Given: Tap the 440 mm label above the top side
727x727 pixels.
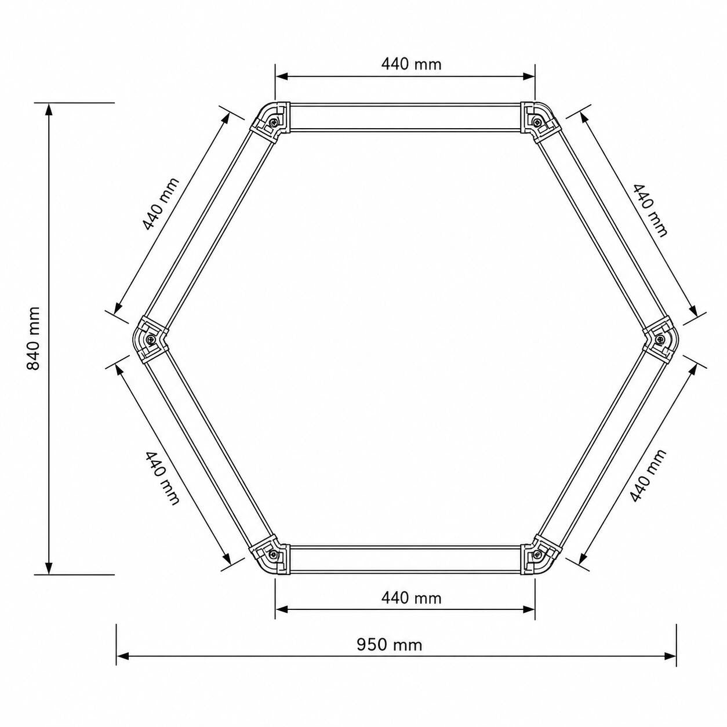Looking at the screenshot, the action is (x=411, y=64).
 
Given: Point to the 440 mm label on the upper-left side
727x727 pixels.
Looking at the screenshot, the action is (x=161, y=203).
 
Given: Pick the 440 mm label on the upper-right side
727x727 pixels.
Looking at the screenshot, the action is (x=649, y=210).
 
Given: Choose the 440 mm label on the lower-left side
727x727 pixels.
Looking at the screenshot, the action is (x=162, y=478).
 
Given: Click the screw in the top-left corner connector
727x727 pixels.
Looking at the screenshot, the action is (x=274, y=121).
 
